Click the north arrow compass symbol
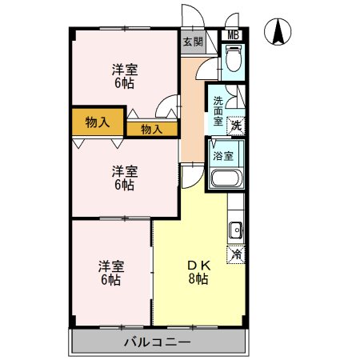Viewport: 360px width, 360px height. pyautogui.click(x=278, y=32)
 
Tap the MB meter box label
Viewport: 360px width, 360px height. pyautogui.click(x=233, y=35)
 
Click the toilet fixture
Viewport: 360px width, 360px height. pyautogui.click(x=234, y=58)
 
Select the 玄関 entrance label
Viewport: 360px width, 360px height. pyautogui.click(x=193, y=42)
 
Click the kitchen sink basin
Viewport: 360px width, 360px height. pyautogui.click(x=236, y=230)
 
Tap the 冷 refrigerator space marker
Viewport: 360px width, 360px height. pyautogui.click(x=236, y=254)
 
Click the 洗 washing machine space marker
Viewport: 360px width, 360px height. pyautogui.click(x=236, y=126)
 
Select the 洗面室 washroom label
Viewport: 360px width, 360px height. pyautogui.click(x=218, y=110)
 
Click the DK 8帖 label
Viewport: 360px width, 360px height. pyautogui.click(x=198, y=272)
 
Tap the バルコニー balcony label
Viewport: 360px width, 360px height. pyautogui.click(x=158, y=342)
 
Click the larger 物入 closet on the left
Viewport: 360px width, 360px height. pyautogui.click(x=98, y=122)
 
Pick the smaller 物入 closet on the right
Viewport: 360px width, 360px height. pyautogui.click(x=152, y=130)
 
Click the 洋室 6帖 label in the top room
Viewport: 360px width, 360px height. pyautogui.click(x=125, y=77)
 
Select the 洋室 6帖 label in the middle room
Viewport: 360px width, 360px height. pyautogui.click(x=125, y=178)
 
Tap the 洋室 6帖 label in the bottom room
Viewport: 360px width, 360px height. pyautogui.click(x=111, y=273)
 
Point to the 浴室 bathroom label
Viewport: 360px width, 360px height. pyautogui.click(x=223, y=156)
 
